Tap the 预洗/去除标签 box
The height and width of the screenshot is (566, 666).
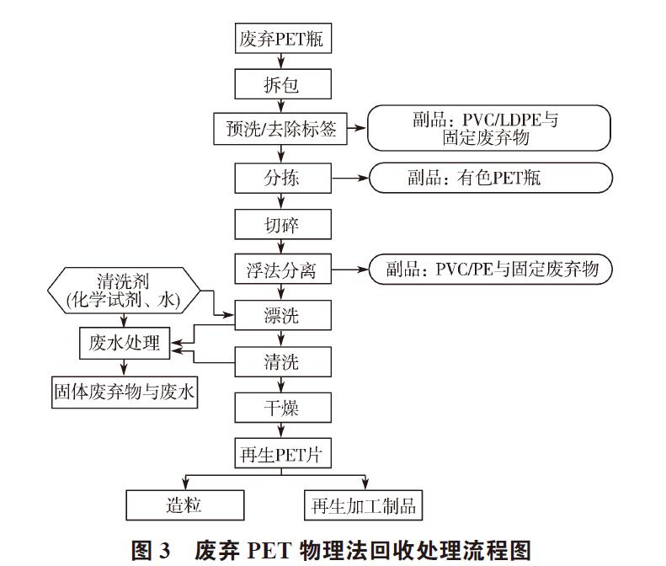coord(280,129)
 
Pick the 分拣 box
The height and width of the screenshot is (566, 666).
coord(280,178)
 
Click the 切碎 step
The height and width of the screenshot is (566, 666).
coord(280,224)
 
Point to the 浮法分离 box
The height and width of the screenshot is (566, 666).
coord(280,270)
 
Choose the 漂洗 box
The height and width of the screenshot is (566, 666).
coord(280,316)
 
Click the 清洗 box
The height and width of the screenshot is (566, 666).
coord(280,362)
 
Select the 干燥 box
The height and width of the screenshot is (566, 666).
coord(280,408)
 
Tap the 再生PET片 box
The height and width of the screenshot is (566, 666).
coord(280,455)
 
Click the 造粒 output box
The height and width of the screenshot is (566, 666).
coord(185,505)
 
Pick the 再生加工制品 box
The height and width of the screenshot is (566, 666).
coord(362,505)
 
